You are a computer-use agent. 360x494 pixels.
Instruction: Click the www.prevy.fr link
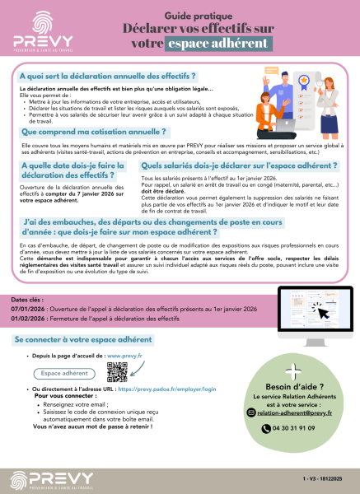pos(125,355)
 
